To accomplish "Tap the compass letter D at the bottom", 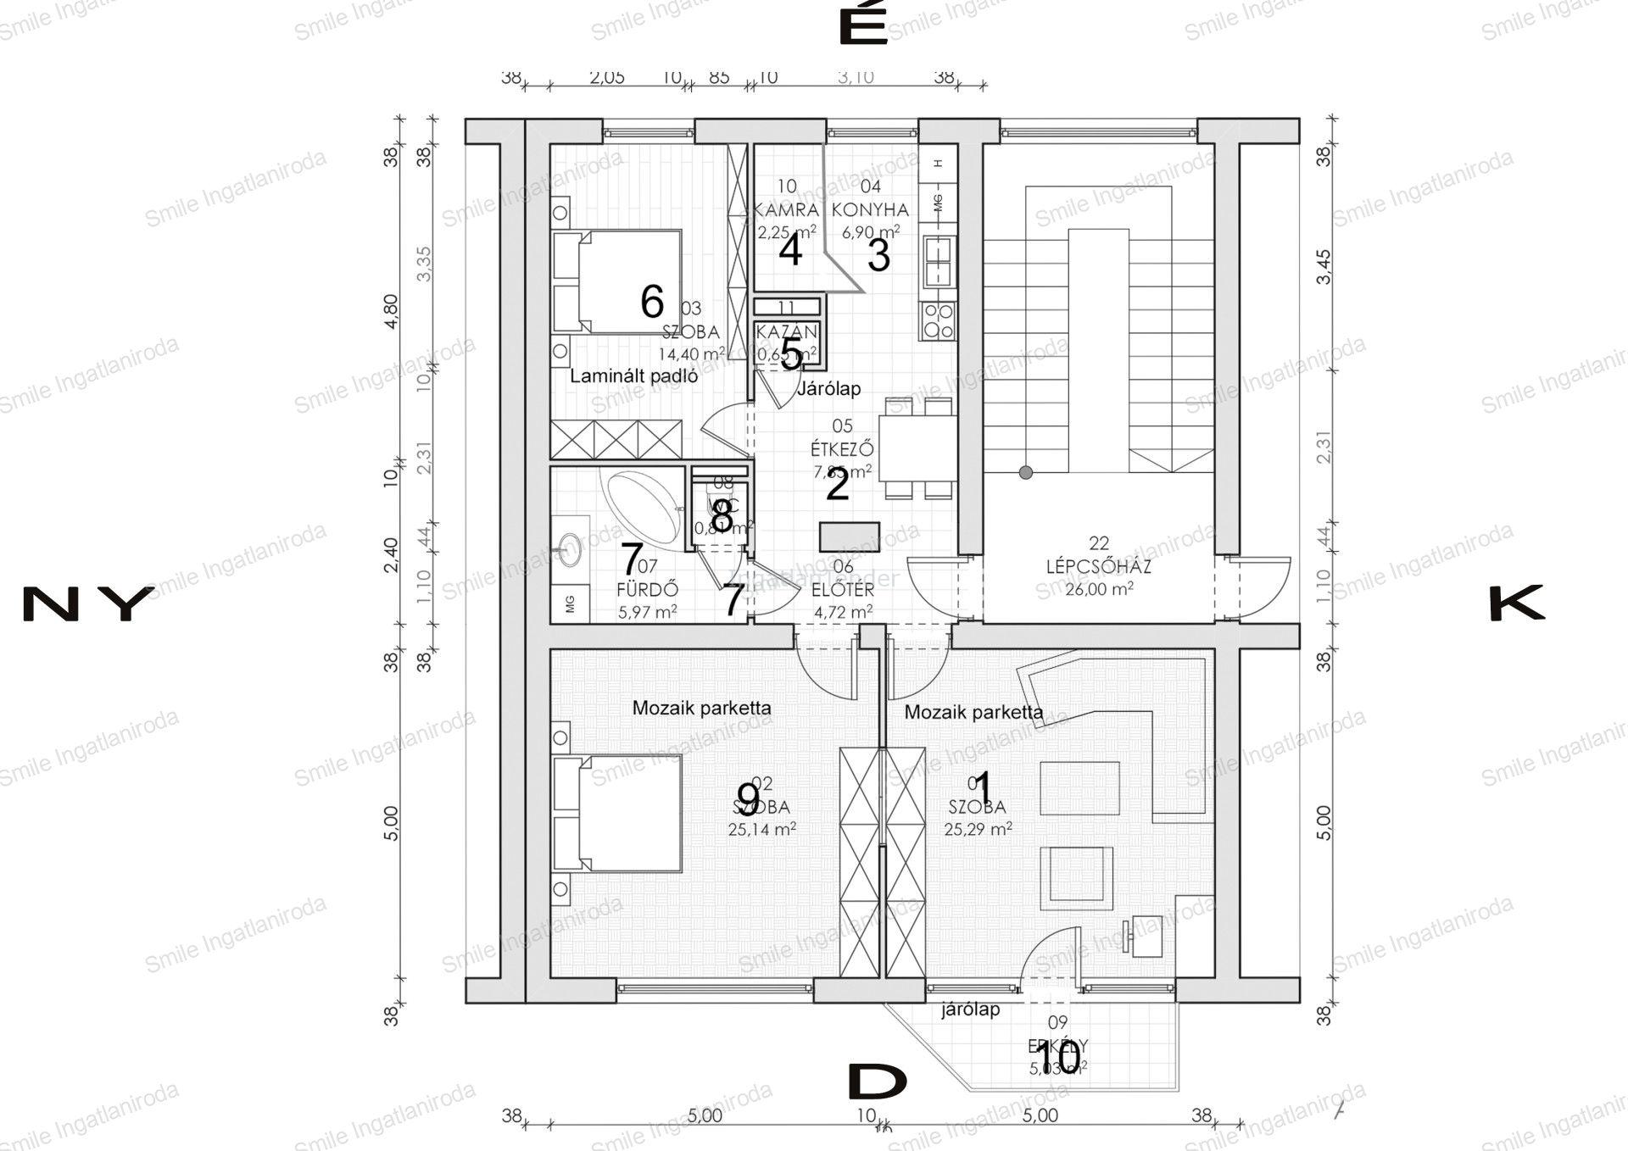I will click(878, 1082).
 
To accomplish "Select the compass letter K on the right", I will click(1517, 604).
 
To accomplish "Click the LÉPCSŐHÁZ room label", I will click(1098, 567).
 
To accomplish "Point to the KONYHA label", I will click(870, 209).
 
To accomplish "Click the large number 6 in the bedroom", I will click(651, 301).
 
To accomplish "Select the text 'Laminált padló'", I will click(633, 376).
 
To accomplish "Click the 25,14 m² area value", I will click(761, 830).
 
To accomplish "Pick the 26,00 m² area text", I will click(1098, 589).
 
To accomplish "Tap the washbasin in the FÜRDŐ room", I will click(569, 548).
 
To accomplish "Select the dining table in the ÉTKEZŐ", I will click(917, 448).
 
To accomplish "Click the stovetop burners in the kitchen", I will click(939, 320).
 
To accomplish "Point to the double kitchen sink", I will click(939, 260).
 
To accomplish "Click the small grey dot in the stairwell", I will click(1026, 472).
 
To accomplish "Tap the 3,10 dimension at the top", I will click(856, 77).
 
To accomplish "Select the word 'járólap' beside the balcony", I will click(971, 1009).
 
